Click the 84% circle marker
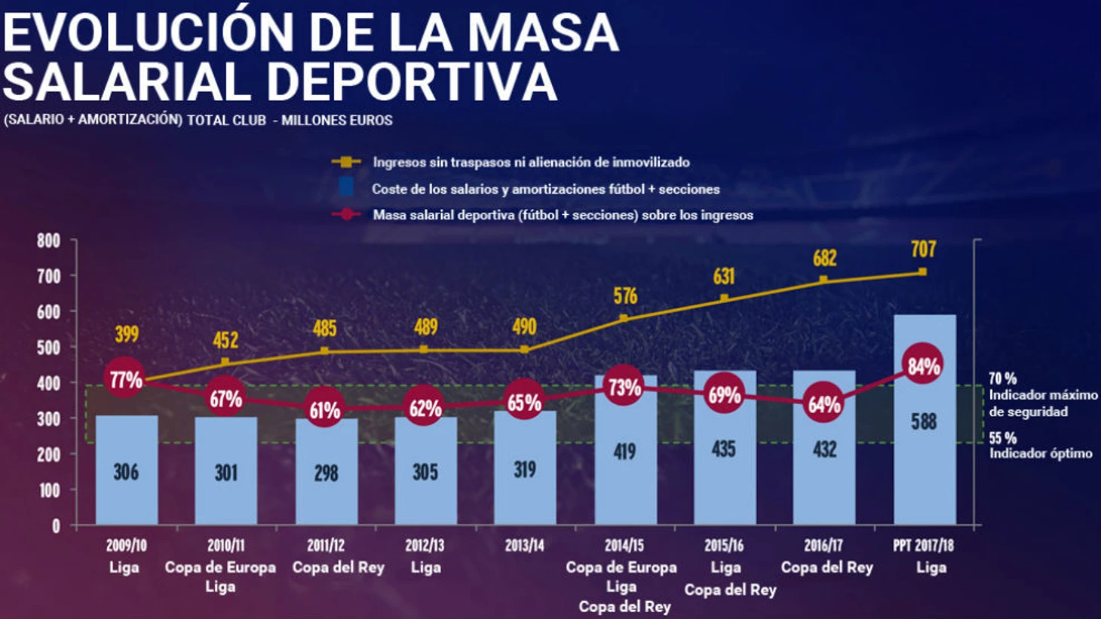[x=924, y=366]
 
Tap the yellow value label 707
[x=924, y=249]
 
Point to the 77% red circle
[x=125, y=379]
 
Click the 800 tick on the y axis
[x=48, y=241]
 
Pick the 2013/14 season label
[x=525, y=545]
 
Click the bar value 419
[x=624, y=451]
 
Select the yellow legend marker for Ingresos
[x=346, y=162]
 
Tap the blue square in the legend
[x=346, y=187]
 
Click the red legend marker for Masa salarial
[x=346, y=215]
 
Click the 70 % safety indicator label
[x=1003, y=378]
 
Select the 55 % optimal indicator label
[x=1003, y=438]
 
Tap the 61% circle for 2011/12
[x=325, y=410]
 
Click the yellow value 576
[x=625, y=296]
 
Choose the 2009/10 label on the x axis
[x=126, y=545]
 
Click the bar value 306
[x=126, y=472]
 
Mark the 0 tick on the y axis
[x=56, y=526]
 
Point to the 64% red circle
[x=824, y=404]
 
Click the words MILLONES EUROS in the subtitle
[x=336, y=120]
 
